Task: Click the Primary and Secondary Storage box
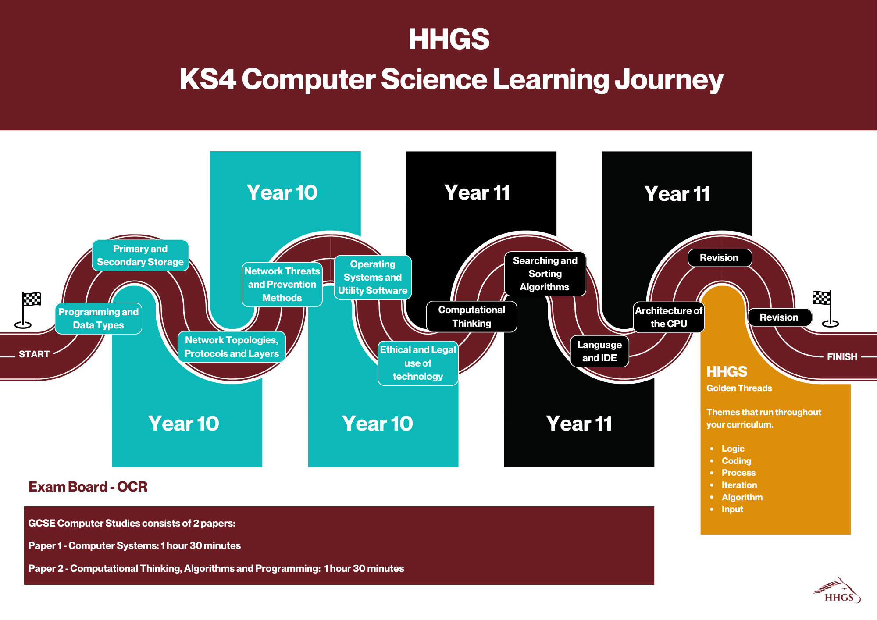pyautogui.click(x=140, y=255)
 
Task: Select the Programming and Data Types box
pyautogui.click(x=99, y=318)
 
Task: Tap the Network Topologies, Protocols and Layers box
pyautogui.click(x=232, y=347)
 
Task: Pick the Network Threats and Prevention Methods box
pyautogui.click(x=282, y=285)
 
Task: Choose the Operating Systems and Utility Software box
pyautogui.click(x=373, y=278)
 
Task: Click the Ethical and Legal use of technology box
pyautogui.click(x=418, y=363)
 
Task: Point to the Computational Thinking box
pyautogui.click(x=472, y=317)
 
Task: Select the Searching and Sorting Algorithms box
pyautogui.click(x=545, y=274)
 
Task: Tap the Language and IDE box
pyautogui.click(x=599, y=351)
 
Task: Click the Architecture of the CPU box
pyautogui.click(x=669, y=317)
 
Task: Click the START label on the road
pyautogui.click(x=34, y=354)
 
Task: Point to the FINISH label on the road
pyautogui.click(x=842, y=357)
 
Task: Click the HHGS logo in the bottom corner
pyautogui.click(x=838, y=591)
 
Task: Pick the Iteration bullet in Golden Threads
pyautogui.click(x=739, y=485)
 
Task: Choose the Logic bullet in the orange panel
pyautogui.click(x=733, y=449)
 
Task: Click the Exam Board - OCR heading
pyautogui.click(x=88, y=487)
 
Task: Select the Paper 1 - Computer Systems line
pyautogui.click(x=134, y=546)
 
